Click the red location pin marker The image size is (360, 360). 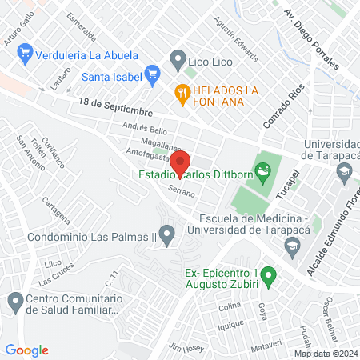[180, 162]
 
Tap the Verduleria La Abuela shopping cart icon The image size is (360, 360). [26, 55]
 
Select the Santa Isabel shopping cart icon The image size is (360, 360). [152, 77]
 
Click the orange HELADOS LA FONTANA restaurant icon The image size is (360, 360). [183, 94]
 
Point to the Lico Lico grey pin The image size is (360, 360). [177, 59]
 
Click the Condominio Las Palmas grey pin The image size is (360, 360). [166, 236]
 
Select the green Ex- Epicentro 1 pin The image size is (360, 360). [269, 277]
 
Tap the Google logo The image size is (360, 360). [27, 350]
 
